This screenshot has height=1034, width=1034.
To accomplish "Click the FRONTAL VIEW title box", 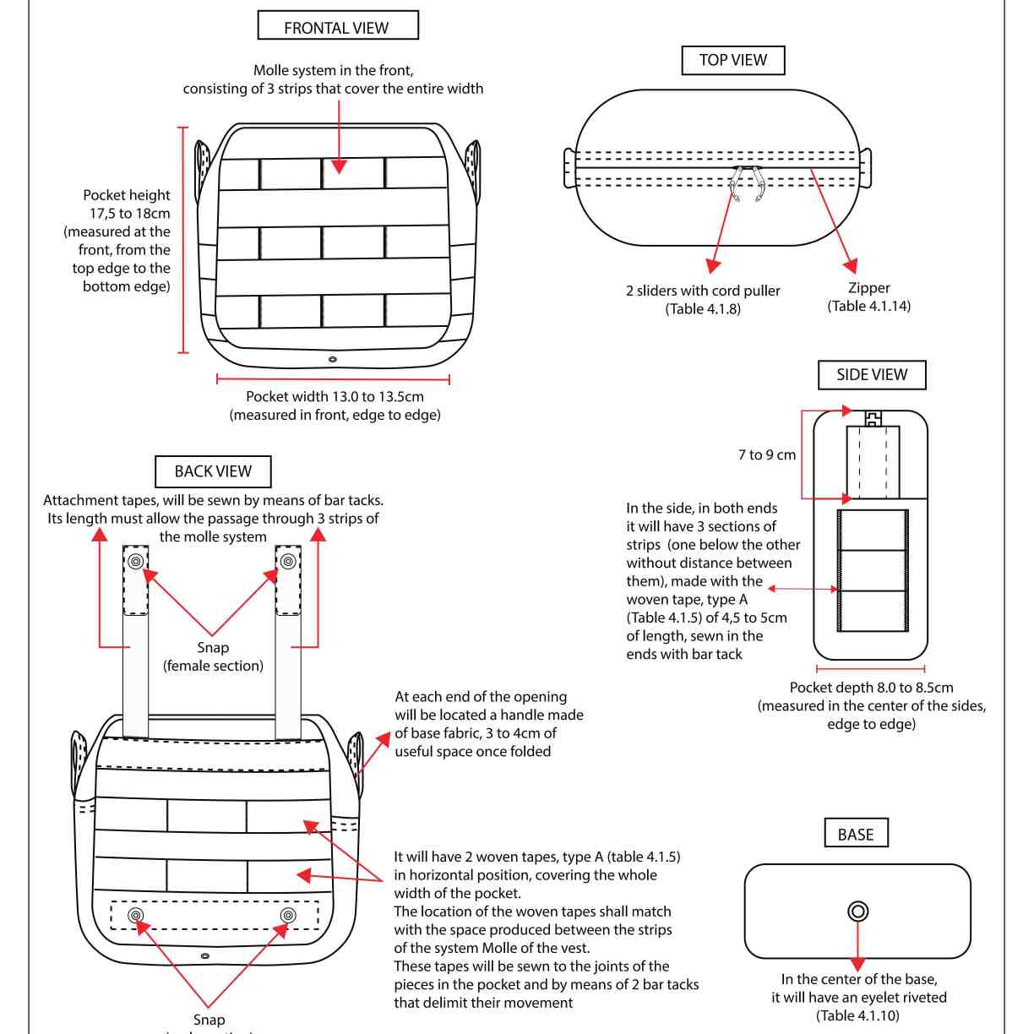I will click(337, 26).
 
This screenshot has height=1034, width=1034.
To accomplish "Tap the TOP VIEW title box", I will click(732, 60).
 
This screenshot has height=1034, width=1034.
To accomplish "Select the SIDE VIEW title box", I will click(872, 375).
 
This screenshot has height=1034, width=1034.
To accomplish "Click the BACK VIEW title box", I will click(213, 471).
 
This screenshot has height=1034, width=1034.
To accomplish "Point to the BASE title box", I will click(856, 834).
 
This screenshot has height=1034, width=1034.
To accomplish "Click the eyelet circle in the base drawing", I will click(857, 911).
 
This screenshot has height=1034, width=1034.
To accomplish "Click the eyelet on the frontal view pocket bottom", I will click(333, 359).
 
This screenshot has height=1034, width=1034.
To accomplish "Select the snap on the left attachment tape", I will click(136, 562).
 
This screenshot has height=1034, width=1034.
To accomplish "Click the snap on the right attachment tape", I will click(288, 562).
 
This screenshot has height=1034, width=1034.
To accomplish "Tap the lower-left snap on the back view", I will click(135, 916).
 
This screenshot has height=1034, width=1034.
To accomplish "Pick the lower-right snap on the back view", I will click(288, 916).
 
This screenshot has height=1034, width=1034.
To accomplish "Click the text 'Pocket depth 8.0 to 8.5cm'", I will click(871, 688).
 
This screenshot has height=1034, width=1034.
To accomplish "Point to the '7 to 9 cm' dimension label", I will click(766, 454).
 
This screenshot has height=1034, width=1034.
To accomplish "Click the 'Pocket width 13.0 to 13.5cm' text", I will click(335, 396).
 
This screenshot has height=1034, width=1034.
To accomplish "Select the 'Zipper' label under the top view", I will click(868, 288).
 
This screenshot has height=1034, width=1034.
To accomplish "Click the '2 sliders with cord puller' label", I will click(703, 291).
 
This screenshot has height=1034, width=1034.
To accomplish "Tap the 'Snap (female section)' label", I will click(213, 656).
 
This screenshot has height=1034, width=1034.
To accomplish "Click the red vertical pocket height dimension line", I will click(182, 240).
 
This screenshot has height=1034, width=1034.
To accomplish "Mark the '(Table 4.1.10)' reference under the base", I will click(857, 1015).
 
